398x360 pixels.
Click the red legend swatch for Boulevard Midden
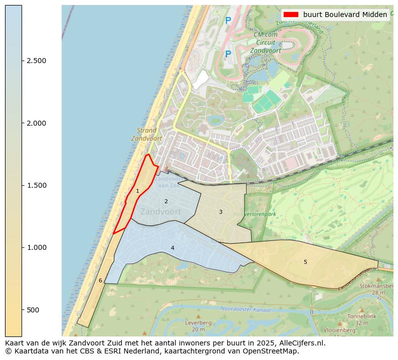click(x=290, y=15)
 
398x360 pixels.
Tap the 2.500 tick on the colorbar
click(x=36, y=61)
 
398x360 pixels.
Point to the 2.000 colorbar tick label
click(x=36, y=123)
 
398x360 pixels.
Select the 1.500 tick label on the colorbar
click(x=36, y=185)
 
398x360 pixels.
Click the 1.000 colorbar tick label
click(x=36, y=247)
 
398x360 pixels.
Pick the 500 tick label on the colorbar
click(x=33, y=310)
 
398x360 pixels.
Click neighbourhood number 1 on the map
click(x=137, y=191)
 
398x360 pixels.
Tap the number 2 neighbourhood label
click(x=166, y=201)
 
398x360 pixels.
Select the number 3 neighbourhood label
click(x=220, y=212)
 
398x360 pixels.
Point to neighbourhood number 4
click(x=172, y=248)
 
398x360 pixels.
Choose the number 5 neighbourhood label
click(x=305, y=262)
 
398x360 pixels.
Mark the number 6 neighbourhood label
click(x=100, y=280)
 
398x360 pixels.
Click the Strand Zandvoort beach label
click(x=147, y=134)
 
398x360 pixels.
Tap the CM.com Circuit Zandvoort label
click(x=266, y=43)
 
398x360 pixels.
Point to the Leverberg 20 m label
click(x=198, y=326)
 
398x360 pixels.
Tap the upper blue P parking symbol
click(x=228, y=21)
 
